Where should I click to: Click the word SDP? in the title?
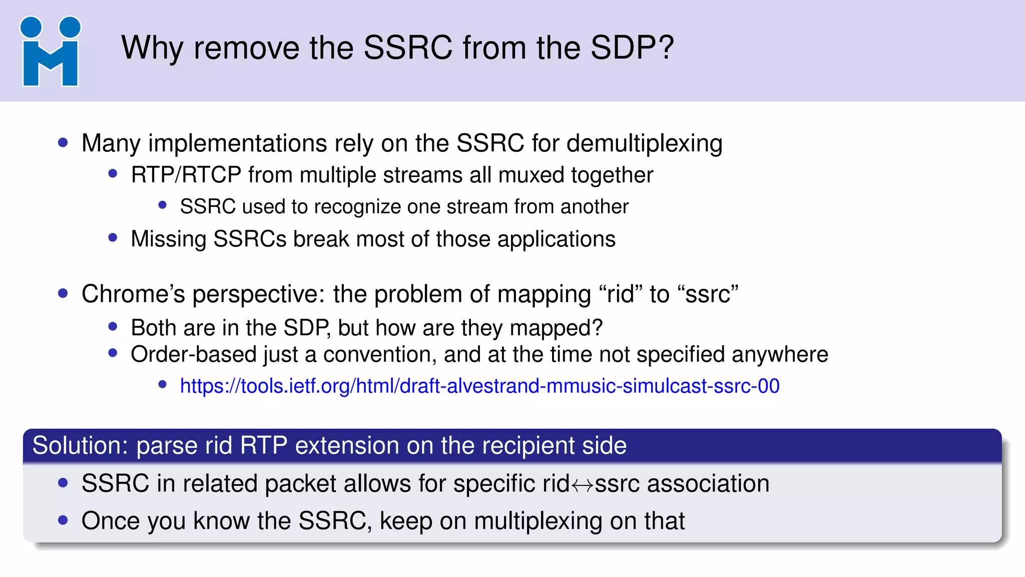632,48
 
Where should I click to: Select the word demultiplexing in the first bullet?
645,144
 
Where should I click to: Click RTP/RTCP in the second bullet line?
186,175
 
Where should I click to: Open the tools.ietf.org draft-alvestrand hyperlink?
479,386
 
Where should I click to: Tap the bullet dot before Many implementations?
63,143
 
